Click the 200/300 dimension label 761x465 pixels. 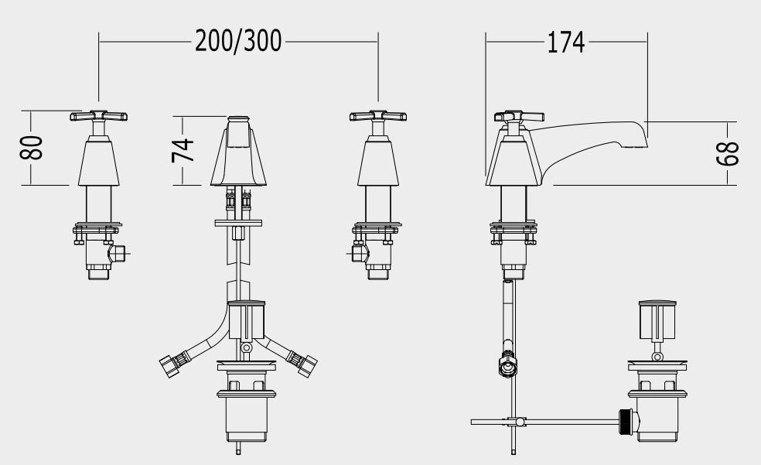(x=238, y=41)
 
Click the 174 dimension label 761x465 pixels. (x=566, y=43)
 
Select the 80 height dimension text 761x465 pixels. (x=32, y=148)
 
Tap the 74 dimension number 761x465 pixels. (x=183, y=150)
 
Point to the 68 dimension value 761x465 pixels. (x=728, y=154)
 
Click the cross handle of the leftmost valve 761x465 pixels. (x=98, y=116)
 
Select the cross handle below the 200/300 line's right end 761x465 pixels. (x=378, y=116)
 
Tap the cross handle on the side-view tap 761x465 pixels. (x=519, y=117)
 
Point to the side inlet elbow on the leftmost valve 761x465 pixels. (x=117, y=253)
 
